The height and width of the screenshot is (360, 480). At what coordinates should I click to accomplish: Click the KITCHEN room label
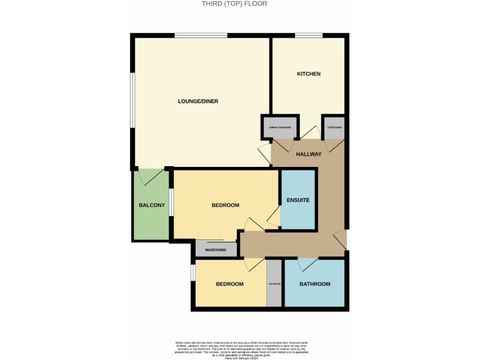(x=308, y=74)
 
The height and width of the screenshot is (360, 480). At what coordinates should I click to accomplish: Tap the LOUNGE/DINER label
(x=197, y=101)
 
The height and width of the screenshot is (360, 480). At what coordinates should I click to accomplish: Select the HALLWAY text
(x=309, y=154)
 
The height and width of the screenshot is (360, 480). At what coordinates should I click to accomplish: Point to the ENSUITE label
(x=298, y=200)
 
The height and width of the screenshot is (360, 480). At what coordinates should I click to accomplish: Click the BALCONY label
(x=151, y=206)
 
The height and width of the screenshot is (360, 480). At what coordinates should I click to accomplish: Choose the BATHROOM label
(x=314, y=284)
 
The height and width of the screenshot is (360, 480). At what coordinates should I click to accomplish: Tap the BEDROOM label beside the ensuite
(x=225, y=206)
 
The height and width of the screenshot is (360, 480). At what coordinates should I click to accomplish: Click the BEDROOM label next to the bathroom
(x=229, y=284)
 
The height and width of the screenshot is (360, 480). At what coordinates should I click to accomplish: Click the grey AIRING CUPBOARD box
(x=279, y=128)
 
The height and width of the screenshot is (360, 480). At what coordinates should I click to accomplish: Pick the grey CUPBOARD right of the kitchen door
(x=334, y=128)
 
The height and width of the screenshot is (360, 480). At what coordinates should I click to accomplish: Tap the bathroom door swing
(x=308, y=265)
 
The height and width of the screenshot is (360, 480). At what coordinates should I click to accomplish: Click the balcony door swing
(x=151, y=177)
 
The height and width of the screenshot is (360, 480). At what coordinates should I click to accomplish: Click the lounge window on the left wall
(x=131, y=101)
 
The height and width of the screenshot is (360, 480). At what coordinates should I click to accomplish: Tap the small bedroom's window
(x=193, y=272)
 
